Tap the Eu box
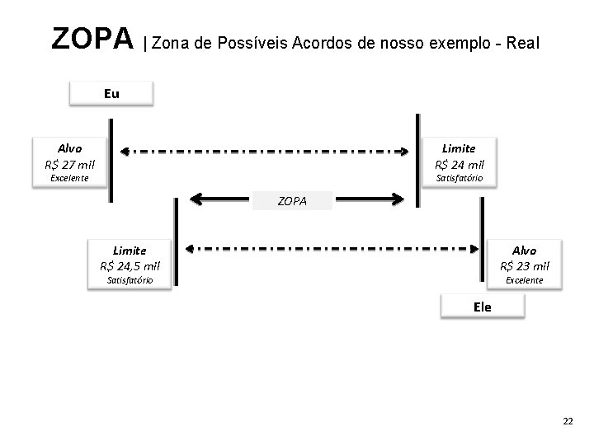(111, 93)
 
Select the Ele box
(482, 307)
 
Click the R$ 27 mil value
(70, 163)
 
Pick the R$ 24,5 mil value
(130, 265)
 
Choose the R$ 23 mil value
(524, 265)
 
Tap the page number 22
(567, 421)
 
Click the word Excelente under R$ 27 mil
(69, 177)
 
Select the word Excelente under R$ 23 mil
(524, 280)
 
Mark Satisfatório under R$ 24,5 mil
(130, 280)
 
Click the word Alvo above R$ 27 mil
(70, 148)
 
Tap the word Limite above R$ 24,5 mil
(130, 250)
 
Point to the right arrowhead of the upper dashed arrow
(404, 152)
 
